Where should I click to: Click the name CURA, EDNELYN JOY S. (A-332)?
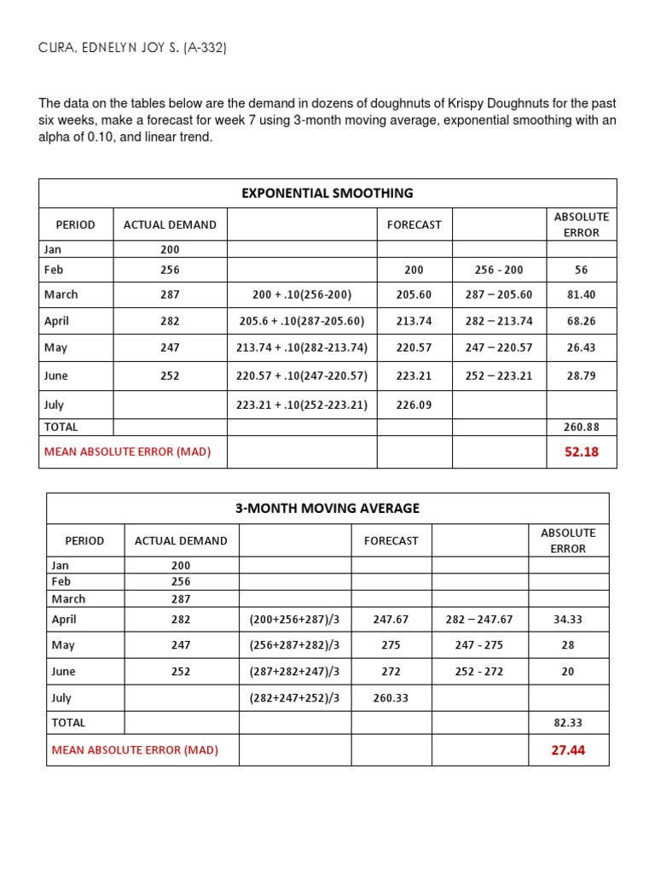click(132, 48)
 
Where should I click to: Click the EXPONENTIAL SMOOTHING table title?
click(327, 193)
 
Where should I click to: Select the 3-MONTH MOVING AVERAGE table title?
click(327, 508)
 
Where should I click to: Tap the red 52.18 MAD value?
click(581, 452)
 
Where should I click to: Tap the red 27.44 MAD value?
click(568, 750)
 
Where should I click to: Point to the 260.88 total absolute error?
click(581, 427)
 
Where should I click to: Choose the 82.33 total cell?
click(568, 722)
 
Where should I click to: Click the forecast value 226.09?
click(414, 405)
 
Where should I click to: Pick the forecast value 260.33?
click(391, 698)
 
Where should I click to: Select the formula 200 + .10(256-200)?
click(302, 294)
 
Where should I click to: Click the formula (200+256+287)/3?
click(294, 619)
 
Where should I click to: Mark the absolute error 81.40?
click(581, 294)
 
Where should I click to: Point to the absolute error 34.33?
click(568, 619)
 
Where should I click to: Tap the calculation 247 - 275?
click(479, 645)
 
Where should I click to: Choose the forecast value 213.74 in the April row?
click(414, 321)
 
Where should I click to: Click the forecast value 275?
click(391, 645)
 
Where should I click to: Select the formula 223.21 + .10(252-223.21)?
click(302, 405)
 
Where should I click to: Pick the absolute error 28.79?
click(581, 376)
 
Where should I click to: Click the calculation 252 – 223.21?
click(499, 376)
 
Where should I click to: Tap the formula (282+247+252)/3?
click(294, 698)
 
